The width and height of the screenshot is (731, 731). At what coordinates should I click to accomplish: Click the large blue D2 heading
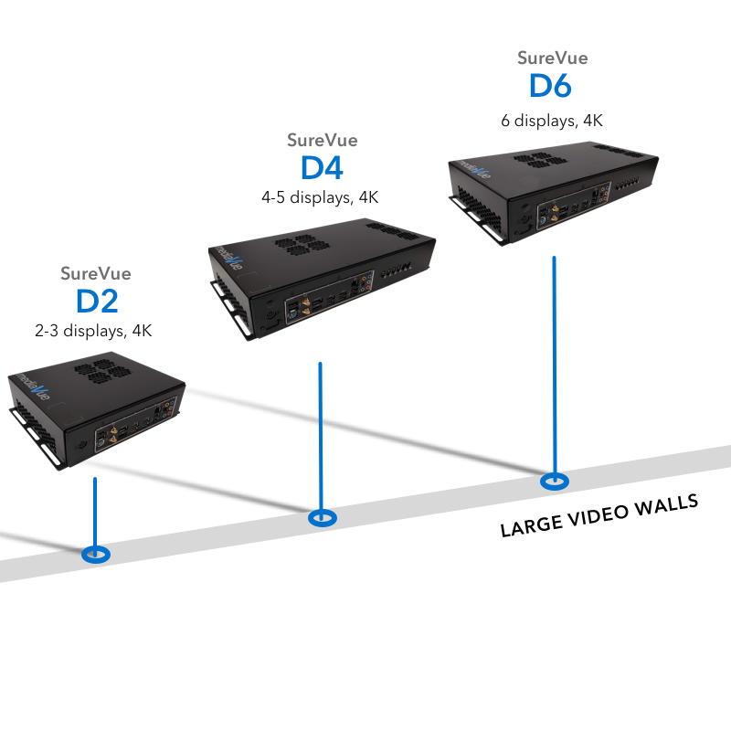pyautogui.click(x=96, y=302)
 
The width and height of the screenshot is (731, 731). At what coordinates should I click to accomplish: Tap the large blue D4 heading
pyautogui.click(x=322, y=169)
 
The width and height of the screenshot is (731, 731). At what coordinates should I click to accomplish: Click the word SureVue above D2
pyautogui.click(x=96, y=273)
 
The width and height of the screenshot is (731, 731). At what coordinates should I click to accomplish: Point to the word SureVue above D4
pyautogui.click(x=322, y=141)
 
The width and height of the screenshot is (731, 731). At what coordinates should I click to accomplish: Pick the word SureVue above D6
pyautogui.click(x=552, y=58)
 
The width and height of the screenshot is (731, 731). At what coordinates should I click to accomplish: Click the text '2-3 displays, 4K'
pyautogui.click(x=93, y=331)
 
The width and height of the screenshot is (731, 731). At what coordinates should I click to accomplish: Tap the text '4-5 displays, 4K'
pyautogui.click(x=320, y=196)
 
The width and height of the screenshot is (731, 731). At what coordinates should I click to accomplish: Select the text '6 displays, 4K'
pyautogui.click(x=552, y=120)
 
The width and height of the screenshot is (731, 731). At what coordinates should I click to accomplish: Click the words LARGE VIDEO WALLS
pyautogui.click(x=599, y=515)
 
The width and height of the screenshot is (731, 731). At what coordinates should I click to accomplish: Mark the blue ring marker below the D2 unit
pyautogui.click(x=95, y=554)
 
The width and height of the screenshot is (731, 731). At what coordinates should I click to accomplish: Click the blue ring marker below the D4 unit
pyautogui.click(x=321, y=518)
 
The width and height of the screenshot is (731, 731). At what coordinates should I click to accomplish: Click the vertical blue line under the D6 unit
pyautogui.click(x=554, y=365)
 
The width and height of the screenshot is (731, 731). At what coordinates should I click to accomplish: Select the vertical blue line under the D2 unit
pyautogui.click(x=95, y=512)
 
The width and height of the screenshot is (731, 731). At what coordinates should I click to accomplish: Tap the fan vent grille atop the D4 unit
pyautogui.click(x=295, y=244)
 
